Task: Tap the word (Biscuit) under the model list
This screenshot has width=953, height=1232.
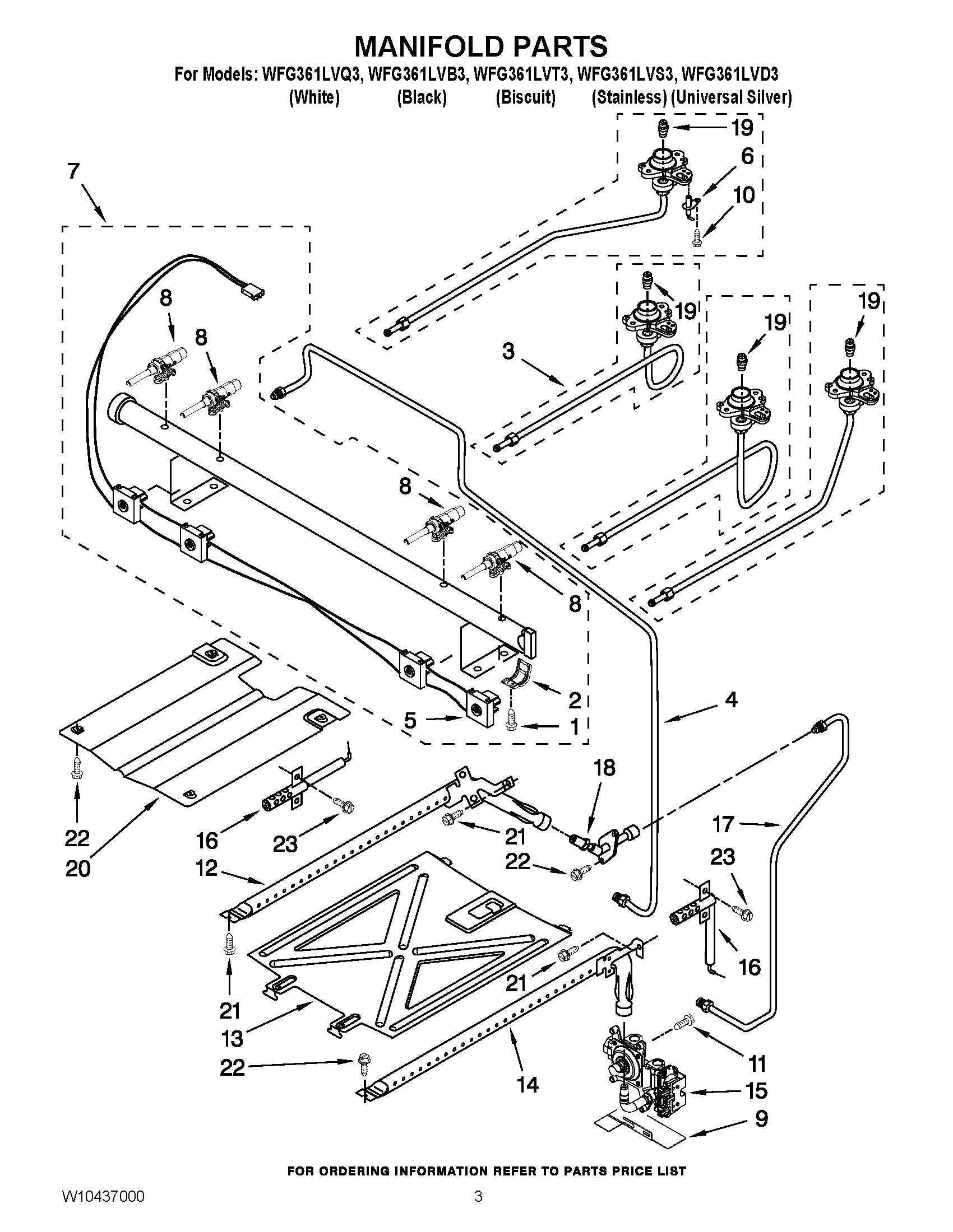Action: point(525,97)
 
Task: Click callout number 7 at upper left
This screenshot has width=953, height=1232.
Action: point(73,171)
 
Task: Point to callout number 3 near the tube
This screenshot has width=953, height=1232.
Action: point(508,352)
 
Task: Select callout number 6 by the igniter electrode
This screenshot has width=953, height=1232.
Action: point(747,156)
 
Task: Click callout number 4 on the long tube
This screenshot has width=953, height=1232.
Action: point(730,700)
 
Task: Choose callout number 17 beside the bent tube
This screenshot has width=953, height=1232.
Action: point(723,825)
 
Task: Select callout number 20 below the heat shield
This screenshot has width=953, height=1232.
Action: point(77,869)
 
